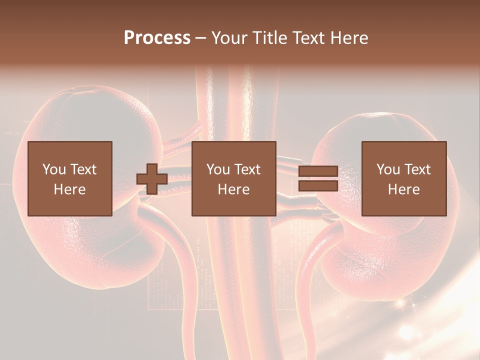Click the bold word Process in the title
157,37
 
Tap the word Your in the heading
228,37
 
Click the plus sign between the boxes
152,178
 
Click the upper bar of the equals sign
318,171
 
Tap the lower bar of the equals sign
318,185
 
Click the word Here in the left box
70,189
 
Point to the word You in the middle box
218,169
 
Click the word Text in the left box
83,169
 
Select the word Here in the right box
404,189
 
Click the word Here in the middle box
233,189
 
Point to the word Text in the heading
306,37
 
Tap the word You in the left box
54,169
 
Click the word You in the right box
388,169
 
